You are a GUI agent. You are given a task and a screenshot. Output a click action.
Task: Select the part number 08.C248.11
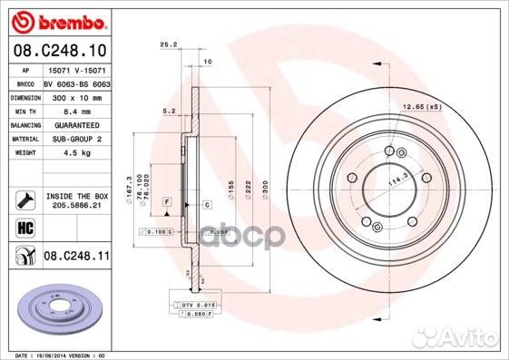point(77,258)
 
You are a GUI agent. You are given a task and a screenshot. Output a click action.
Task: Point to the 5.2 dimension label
point(169,111)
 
